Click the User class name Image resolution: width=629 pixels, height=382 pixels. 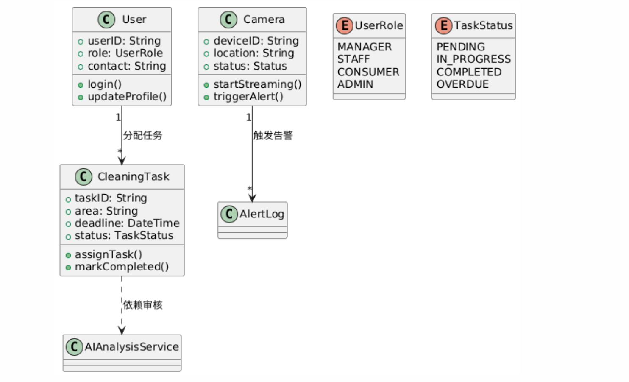pos(134,20)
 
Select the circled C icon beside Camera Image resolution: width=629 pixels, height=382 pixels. pos(228,20)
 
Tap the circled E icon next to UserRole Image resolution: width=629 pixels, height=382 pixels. pos(345,26)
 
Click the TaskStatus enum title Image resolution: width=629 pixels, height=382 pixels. pos(483,26)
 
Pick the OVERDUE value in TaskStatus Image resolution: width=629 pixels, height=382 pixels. pos(462,84)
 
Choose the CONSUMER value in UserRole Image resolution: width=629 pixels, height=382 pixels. pos(368,72)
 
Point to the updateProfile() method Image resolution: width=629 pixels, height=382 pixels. pos(127,97)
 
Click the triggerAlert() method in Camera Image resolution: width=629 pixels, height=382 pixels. pos(248,97)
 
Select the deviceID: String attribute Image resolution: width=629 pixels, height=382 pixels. pos(256,41)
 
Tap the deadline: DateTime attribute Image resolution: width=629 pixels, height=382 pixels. pos(127,223)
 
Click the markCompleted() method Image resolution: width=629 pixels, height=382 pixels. pos(122,267)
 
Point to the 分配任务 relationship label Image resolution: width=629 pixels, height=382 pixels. pos(143,136)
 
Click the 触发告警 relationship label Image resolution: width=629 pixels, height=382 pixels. pos(273,136)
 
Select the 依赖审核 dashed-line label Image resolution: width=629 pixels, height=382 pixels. pos(143,305)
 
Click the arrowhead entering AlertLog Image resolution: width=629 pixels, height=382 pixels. pos(252,198)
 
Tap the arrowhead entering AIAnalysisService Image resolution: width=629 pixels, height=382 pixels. pos(122,330)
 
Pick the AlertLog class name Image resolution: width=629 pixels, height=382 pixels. pos(262,214)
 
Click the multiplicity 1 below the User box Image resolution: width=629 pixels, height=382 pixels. pos(118,117)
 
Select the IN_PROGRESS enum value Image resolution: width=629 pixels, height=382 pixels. pos(473,59)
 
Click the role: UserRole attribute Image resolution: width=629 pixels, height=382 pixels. pos(125,53)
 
